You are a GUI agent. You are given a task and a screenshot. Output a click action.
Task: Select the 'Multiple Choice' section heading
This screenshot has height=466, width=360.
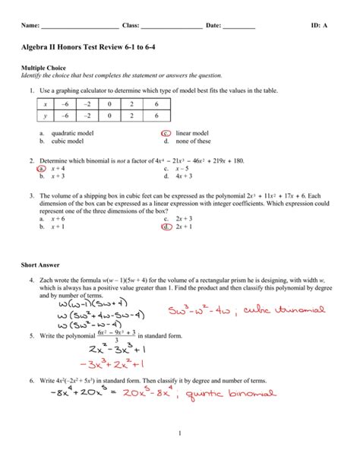[x=45, y=68]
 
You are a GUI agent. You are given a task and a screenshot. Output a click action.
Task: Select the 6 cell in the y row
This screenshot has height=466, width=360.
[x=156, y=116]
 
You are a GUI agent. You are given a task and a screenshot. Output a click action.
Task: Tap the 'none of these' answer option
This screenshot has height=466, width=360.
[x=193, y=141]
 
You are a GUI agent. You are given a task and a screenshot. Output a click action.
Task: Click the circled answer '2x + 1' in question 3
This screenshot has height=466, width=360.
[x=185, y=226]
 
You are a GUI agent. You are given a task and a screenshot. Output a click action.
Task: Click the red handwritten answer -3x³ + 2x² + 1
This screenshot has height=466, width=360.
[x=112, y=364]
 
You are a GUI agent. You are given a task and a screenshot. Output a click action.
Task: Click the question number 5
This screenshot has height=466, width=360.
[x=33, y=335]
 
